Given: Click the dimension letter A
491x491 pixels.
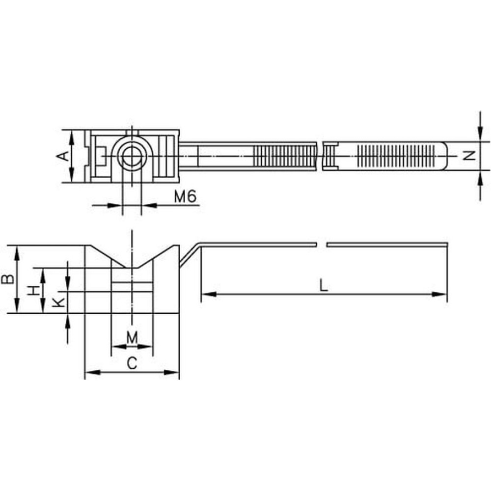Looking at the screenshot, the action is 64,156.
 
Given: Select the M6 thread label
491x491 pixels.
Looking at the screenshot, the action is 185,196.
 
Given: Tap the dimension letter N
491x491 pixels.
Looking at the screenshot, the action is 470,156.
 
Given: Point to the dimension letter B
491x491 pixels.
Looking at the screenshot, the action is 8,279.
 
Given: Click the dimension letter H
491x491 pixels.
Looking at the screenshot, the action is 34,290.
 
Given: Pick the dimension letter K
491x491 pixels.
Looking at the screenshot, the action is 58,302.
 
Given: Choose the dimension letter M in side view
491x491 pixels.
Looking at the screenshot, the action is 132,338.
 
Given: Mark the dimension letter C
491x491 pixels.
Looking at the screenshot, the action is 132,363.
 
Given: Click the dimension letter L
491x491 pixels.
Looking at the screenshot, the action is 324,286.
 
